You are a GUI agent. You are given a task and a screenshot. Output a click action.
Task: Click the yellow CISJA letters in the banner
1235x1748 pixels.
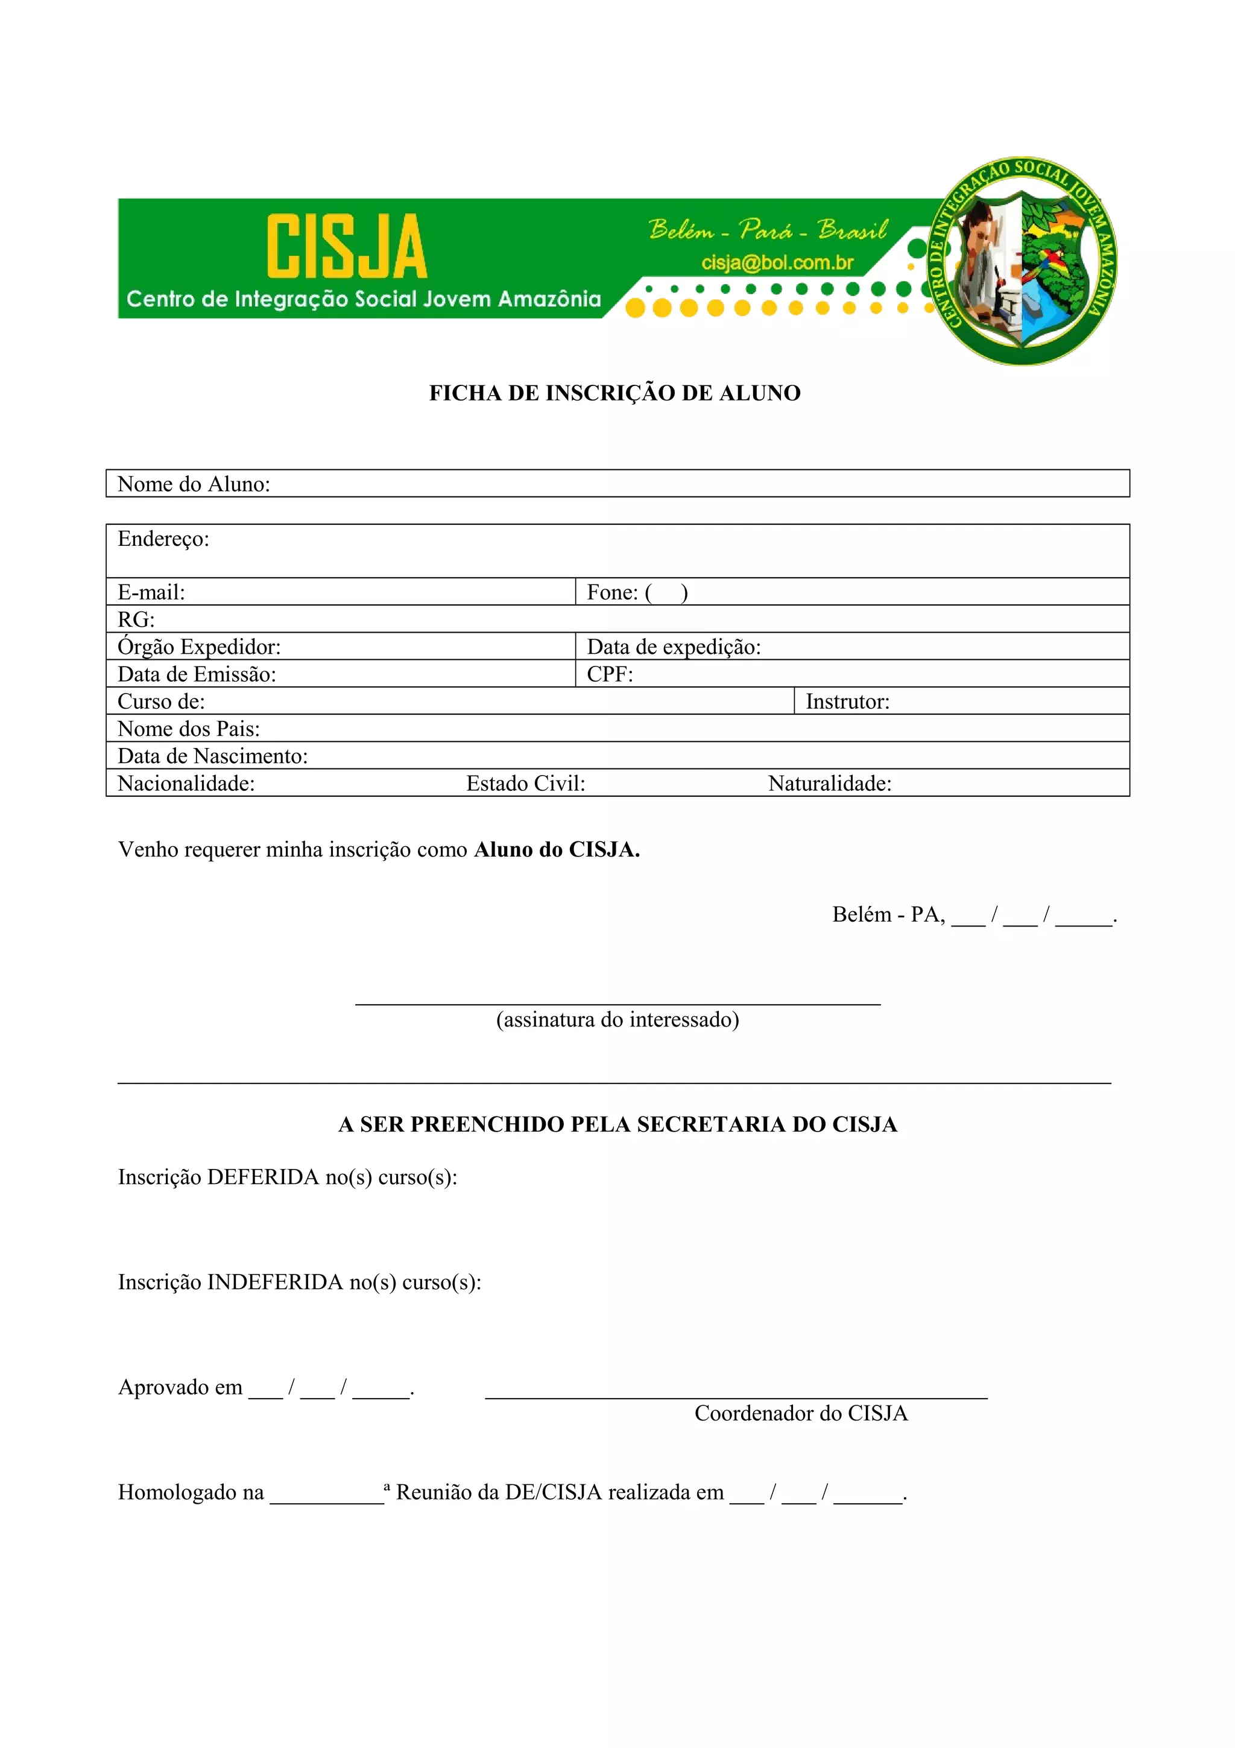346,246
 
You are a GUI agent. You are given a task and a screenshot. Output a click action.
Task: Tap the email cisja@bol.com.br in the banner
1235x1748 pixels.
777,262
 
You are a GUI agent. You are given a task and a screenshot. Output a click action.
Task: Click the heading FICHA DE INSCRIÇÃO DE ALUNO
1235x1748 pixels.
615,393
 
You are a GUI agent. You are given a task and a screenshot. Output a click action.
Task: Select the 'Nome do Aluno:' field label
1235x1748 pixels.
194,484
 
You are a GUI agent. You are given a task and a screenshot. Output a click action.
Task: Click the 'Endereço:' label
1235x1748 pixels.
163,539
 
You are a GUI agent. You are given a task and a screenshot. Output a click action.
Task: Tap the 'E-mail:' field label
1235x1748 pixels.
151,592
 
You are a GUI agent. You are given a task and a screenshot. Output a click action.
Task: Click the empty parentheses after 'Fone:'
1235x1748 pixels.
666,592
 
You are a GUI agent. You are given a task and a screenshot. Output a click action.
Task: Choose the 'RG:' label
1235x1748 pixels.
136,619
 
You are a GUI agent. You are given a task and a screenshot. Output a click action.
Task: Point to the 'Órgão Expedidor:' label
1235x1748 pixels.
198,647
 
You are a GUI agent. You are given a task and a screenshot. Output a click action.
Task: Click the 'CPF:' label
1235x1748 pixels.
610,674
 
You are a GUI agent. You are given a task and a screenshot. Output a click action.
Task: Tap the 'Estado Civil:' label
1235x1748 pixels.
526,784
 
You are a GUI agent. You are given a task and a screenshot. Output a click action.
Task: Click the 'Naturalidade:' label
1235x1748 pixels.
829,784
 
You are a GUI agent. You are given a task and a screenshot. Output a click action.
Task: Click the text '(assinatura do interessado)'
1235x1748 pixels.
617,1019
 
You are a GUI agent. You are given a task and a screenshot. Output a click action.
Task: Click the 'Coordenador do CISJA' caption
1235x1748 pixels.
800,1413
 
